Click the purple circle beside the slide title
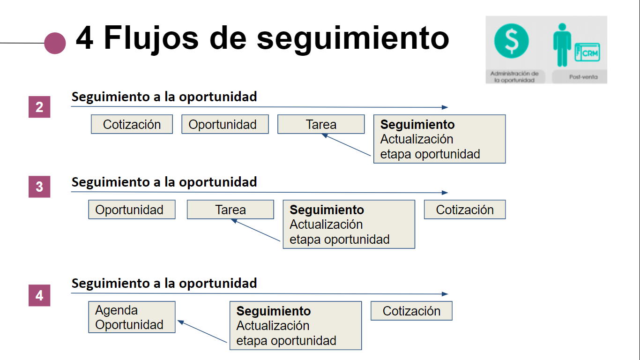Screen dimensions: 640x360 (55, 43)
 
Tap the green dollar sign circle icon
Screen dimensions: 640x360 (512, 41)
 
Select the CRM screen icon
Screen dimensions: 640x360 (588, 52)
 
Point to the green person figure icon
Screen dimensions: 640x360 (562, 45)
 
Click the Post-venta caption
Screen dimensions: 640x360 (583, 77)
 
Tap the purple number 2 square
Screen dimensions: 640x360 (39, 107)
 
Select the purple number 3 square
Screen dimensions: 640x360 (39, 187)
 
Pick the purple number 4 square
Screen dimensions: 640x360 (39, 295)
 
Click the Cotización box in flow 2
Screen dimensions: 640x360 (132, 124)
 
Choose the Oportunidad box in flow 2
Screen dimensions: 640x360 (225, 124)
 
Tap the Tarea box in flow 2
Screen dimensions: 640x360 (321, 124)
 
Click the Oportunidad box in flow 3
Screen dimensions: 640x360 (132, 210)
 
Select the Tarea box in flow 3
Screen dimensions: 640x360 (231, 210)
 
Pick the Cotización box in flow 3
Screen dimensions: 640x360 (465, 210)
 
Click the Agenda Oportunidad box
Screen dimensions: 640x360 (132, 317)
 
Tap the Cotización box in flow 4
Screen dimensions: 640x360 (411, 311)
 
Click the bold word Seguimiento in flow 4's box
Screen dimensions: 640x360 (274, 311)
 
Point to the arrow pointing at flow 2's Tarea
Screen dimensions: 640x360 (346, 145)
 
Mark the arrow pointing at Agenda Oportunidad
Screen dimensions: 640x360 (202, 331)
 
